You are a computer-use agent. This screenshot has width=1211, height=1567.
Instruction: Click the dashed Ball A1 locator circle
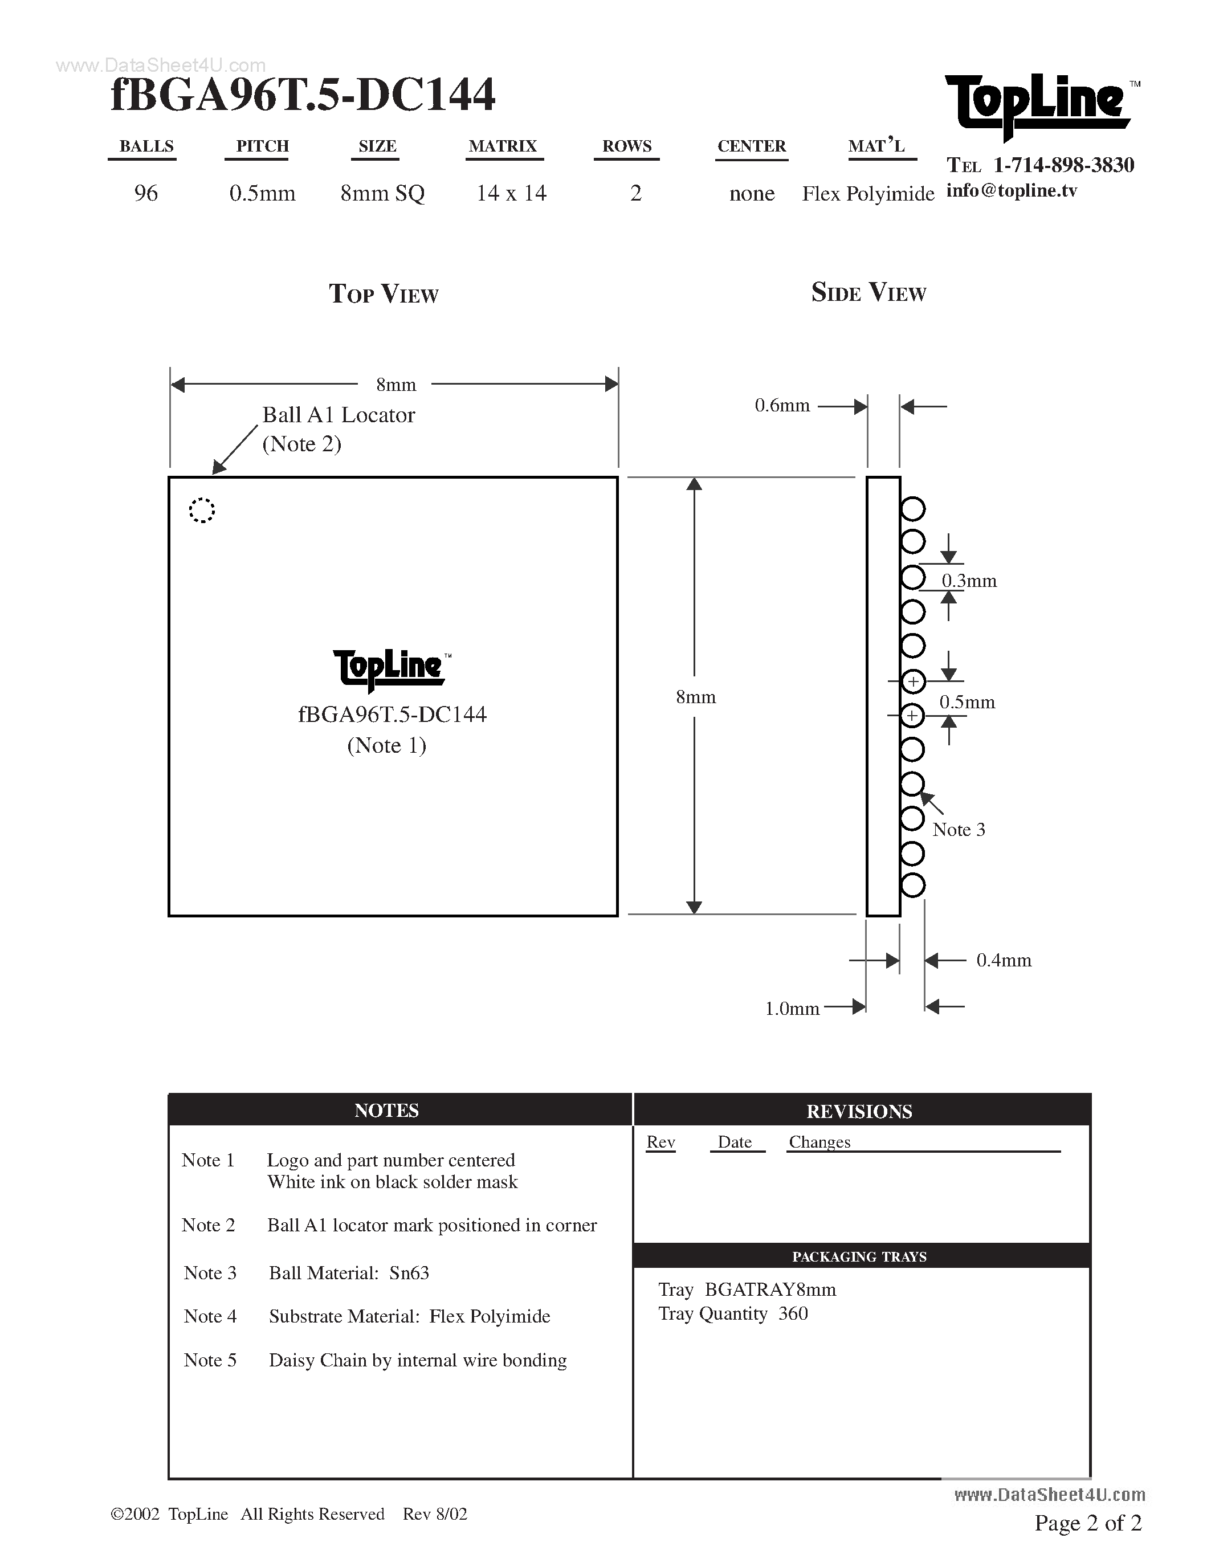click(x=202, y=510)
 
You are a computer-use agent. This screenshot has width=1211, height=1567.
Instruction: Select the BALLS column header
click(x=146, y=146)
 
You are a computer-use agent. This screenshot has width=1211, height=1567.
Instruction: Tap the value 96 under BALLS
click(x=146, y=193)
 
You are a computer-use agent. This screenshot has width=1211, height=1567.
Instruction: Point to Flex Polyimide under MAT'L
click(x=867, y=194)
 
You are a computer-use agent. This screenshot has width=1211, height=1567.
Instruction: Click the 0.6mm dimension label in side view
click(x=782, y=406)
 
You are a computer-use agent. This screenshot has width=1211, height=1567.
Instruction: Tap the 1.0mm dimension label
click(x=792, y=1009)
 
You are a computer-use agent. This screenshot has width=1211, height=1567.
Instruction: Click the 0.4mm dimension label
click(x=1004, y=960)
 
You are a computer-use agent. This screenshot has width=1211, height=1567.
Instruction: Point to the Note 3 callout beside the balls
click(x=959, y=830)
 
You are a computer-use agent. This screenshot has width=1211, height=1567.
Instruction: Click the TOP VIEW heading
click(x=384, y=294)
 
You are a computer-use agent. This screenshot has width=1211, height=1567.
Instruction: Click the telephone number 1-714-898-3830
click(x=1063, y=166)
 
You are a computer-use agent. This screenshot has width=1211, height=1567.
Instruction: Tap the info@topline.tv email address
click(x=1012, y=191)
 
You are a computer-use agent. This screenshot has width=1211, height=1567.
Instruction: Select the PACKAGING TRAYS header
click(x=859, y=1256)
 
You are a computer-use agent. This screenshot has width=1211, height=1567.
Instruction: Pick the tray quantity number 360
click(x=793, y=1314)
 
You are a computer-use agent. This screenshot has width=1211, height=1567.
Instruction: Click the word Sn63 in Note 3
click(x=409, y=1273)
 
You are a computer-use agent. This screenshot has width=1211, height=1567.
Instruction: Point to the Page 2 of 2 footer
click(x=1087, y=1523)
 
